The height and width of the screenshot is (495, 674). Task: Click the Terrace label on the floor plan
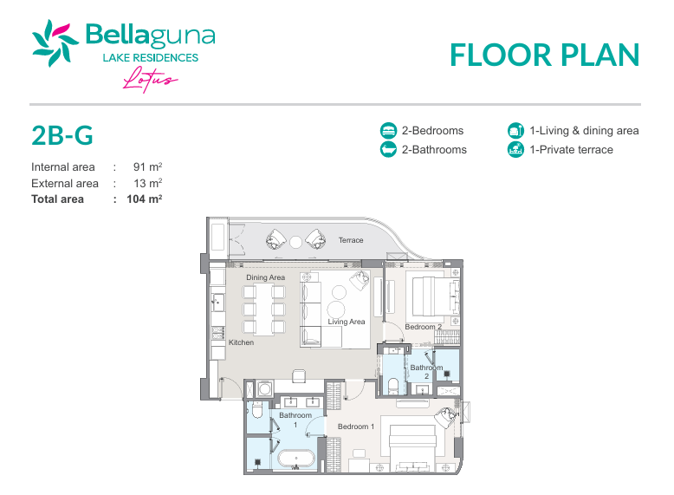(x=351, y=240)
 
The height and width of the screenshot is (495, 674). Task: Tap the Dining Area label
(x=266, y=277)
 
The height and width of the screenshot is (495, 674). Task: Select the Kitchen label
(x=241, y=342)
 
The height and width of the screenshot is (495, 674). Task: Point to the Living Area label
(x=347, y=322)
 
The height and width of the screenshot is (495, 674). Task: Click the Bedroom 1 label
(x=356, y=427)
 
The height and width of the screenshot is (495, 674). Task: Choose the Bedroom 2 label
(x=424, y=327)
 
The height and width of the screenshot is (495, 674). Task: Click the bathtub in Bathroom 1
(x=295, y=459)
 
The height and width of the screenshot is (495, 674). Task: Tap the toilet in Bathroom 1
(x=257, y=410)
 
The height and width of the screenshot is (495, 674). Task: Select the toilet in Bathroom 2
(x=393, y=386)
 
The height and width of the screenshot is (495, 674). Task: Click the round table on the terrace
(x=295, y=242)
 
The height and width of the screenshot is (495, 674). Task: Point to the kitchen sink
(x=218, y=302)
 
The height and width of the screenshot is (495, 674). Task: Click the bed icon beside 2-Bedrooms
(x=389, y=130)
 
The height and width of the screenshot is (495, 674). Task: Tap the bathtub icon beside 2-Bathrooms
(x=389, y=150)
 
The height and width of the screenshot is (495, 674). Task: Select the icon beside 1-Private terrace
(x=515, y=150)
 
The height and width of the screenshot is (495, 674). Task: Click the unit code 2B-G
(x=62, y=135)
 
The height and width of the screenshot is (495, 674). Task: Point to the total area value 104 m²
(x=145, y=199)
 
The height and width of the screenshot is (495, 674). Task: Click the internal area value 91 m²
(x=147, y=166)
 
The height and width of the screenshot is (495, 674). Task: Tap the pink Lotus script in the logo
(x=150, y=80)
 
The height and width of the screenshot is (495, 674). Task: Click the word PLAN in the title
(x=600, y=55)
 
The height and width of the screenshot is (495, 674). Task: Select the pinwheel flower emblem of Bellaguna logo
(x=55, y=43)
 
